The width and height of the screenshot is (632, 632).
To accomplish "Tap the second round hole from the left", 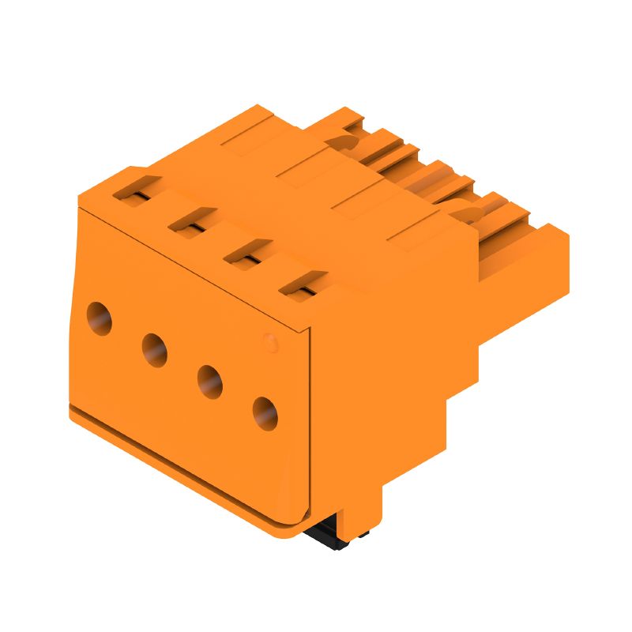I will (x=154, y=348).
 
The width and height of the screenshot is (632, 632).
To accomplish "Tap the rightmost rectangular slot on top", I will (x=303, y=282).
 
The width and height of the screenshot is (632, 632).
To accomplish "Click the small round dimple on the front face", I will (x=269, y=341).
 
